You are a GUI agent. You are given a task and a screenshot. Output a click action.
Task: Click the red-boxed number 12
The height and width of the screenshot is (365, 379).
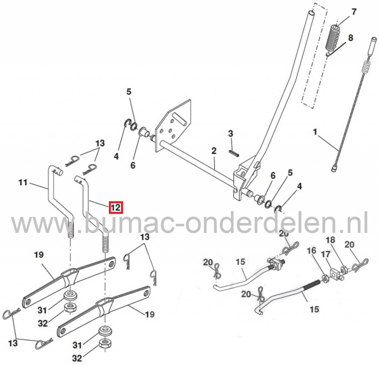[115, 207]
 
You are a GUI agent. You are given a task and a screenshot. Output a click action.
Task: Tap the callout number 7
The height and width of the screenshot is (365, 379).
[354, 12]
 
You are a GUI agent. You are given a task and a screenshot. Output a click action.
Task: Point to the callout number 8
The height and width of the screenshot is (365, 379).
[350, 37]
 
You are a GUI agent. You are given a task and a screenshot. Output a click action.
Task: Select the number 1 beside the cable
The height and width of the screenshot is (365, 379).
[315, 132]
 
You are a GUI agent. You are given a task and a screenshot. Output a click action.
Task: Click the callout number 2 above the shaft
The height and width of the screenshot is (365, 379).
[214, 151]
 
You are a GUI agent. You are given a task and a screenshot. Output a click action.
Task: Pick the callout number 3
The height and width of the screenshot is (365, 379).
[230, 134]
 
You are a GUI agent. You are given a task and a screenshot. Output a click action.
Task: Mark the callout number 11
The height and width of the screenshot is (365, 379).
[23, 182]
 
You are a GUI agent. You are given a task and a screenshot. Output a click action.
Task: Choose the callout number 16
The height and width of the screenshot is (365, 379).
[312, 251]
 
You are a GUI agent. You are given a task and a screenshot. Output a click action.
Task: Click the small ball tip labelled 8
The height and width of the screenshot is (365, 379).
[328, 54]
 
